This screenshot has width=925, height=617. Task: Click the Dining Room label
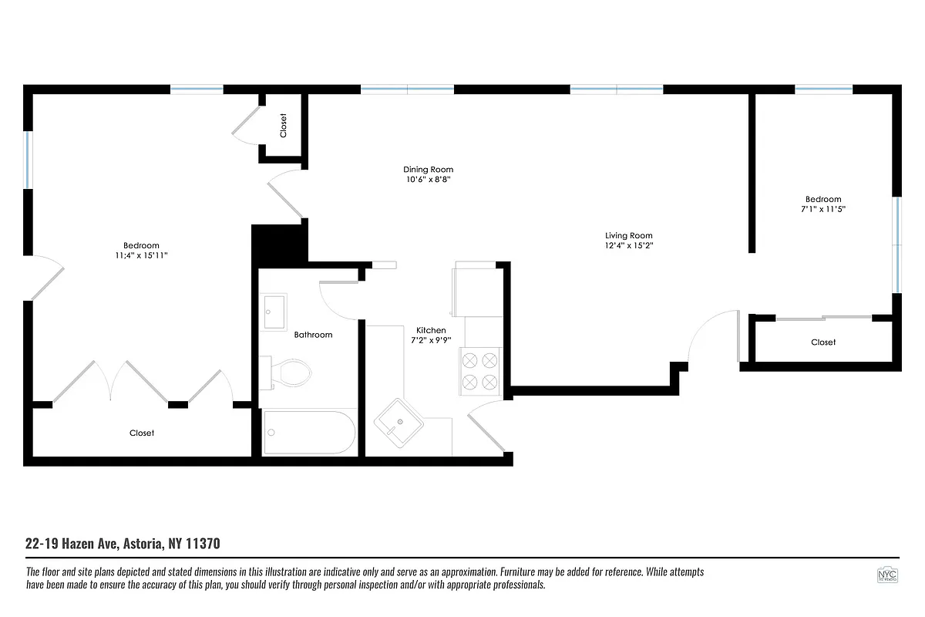(428, 170)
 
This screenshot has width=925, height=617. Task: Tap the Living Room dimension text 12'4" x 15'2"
(628, 246)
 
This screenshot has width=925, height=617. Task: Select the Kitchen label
(431, 330)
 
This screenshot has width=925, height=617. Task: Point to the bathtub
(309, 433)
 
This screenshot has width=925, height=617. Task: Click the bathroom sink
(272, 312)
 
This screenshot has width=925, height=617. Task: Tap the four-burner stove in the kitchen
(479, 370)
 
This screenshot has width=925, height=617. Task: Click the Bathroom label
(313, 335)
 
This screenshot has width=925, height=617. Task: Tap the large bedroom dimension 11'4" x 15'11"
(141, 255)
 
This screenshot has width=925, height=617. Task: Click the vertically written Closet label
(283, 125)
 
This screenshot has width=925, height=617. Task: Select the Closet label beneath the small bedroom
(823, 342)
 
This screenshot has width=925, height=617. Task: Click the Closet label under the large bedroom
(142, 433)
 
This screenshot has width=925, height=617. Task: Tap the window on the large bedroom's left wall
(28, 160)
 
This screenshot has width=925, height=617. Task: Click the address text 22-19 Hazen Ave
(73, 544)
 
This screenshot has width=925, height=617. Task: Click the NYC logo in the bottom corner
(887, 576)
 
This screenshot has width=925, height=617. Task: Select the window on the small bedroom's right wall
(896, 245)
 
